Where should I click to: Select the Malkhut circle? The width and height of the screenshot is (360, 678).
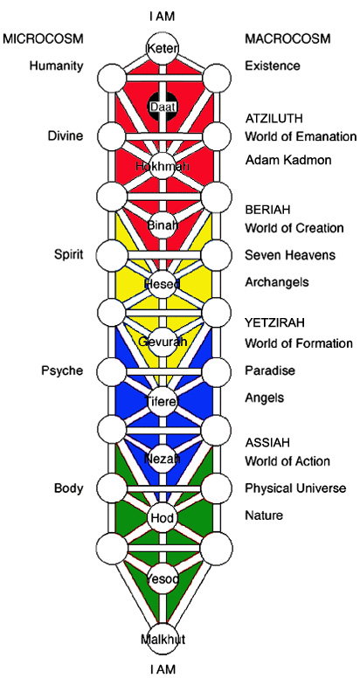click(x=163, y=639)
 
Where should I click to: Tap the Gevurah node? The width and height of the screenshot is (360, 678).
click(x=163, y=342)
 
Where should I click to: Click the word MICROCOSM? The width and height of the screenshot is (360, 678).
click(x=43, y=39)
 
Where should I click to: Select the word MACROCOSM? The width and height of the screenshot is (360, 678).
click(x=287, y=39)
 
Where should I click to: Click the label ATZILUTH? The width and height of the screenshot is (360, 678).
click(x=273, y=118)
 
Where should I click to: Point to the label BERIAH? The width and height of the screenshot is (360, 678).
click(x=267, y=210)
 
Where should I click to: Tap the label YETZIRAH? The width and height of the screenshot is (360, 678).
click(x=274, y=322)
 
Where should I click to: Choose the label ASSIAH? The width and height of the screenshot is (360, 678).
click(x=267, y=443)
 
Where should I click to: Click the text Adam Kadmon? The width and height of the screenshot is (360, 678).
click(x=288, y=160)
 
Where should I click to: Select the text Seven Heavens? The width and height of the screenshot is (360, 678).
click(x=290, y=255)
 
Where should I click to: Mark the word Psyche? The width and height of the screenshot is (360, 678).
click(x=62, y=371)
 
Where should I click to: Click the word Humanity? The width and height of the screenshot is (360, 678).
click(x=56, y=66)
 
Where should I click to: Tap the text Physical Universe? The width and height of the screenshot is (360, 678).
click(x=295, y=488)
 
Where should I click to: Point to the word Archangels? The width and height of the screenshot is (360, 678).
click(x=277, y=282)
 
